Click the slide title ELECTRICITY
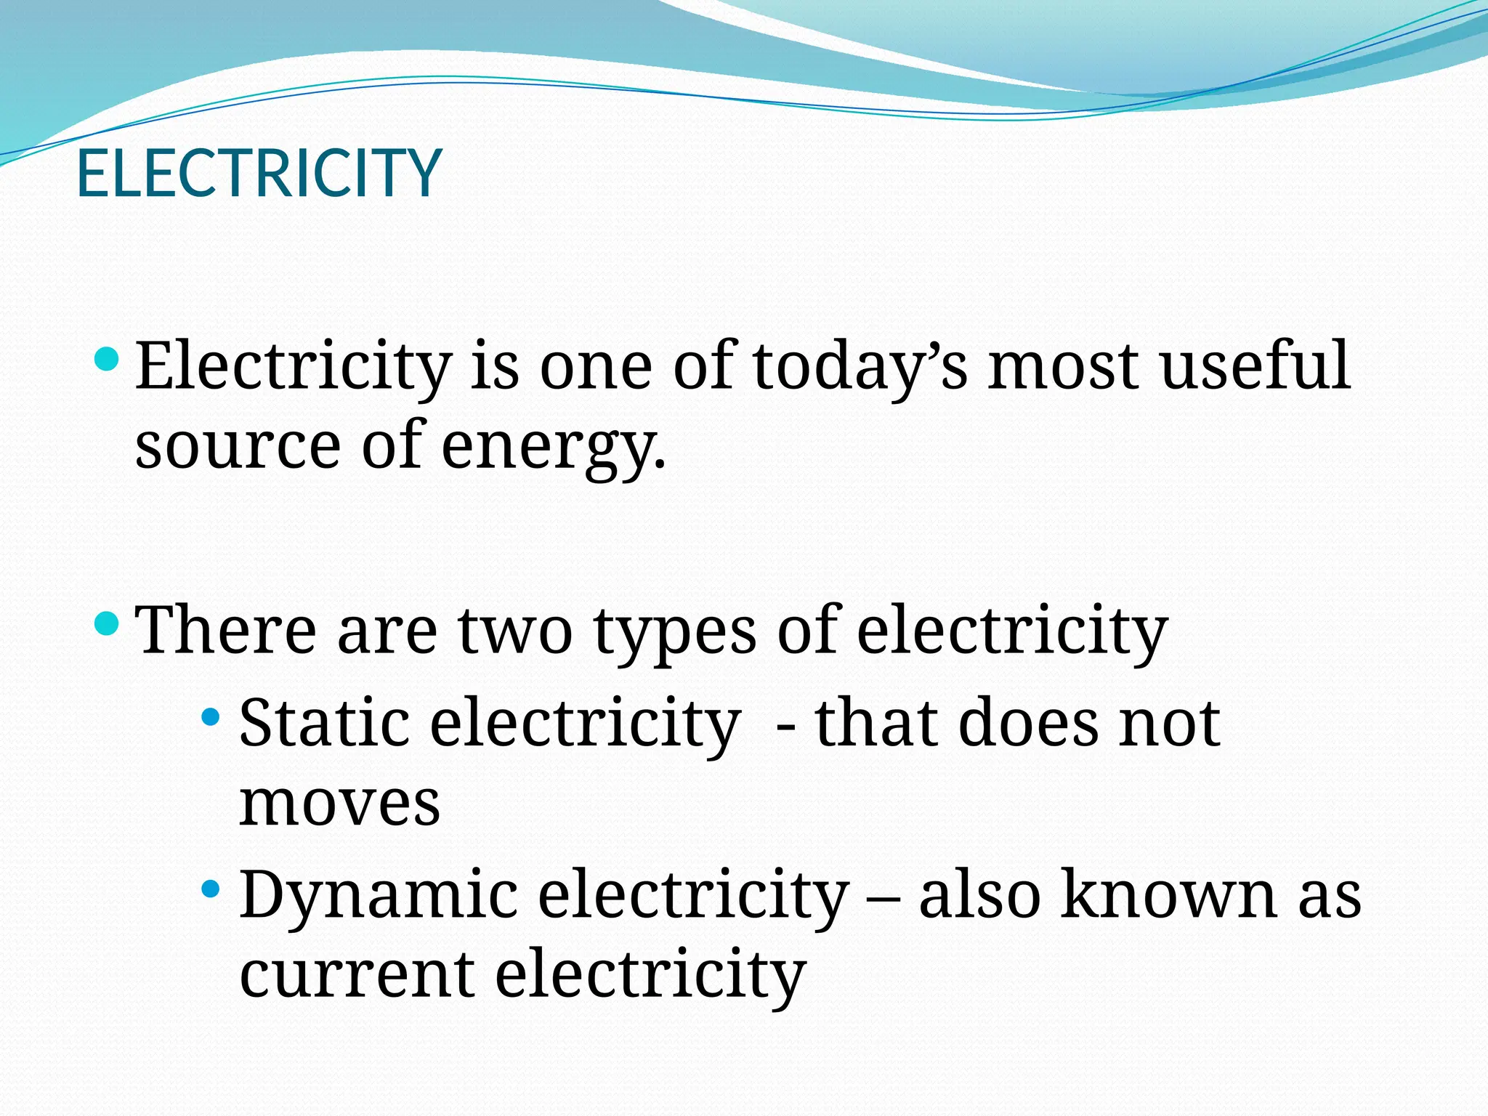tap(259, 173)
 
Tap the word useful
tap(1255, 365)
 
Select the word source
tap(238, 446)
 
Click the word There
tap(226, 630)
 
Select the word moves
tap(340, 804)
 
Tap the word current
tap(357, 974)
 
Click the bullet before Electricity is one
tap(107, 358)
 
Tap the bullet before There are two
tap(107, 623)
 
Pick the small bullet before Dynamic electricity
tap(211, 888)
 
